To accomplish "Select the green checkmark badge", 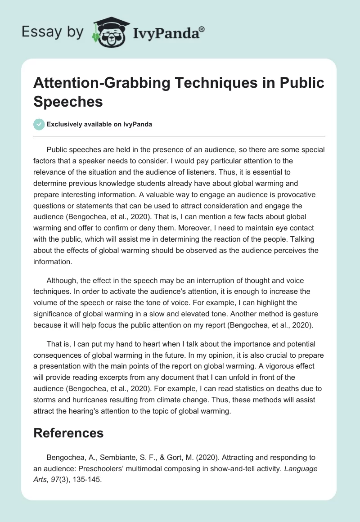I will click(39, 124).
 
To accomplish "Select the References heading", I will click(69, 433).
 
